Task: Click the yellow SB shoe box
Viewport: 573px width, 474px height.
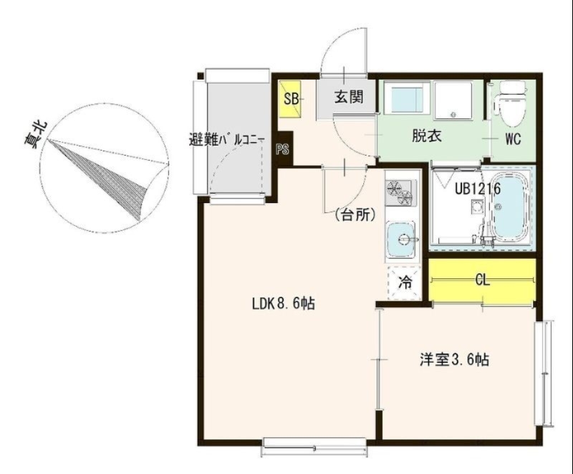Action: [290, 100]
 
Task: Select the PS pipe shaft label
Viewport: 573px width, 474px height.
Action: [283, 150]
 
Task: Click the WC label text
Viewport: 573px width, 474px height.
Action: [513, 139]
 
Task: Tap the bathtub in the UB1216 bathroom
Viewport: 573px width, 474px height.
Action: [510, 207]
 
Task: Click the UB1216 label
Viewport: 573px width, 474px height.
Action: [477, 188]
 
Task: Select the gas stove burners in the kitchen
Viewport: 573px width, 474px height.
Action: [400, 191]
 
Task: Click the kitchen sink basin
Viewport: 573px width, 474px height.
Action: [401, 240]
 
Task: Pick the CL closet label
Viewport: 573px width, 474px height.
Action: [482, 280]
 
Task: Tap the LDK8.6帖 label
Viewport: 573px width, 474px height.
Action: [283, 304]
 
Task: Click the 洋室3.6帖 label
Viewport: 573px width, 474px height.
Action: [454, 360]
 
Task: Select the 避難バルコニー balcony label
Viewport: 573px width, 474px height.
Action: [227, 140]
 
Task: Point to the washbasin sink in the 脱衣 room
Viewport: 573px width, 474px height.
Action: [406, 98]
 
